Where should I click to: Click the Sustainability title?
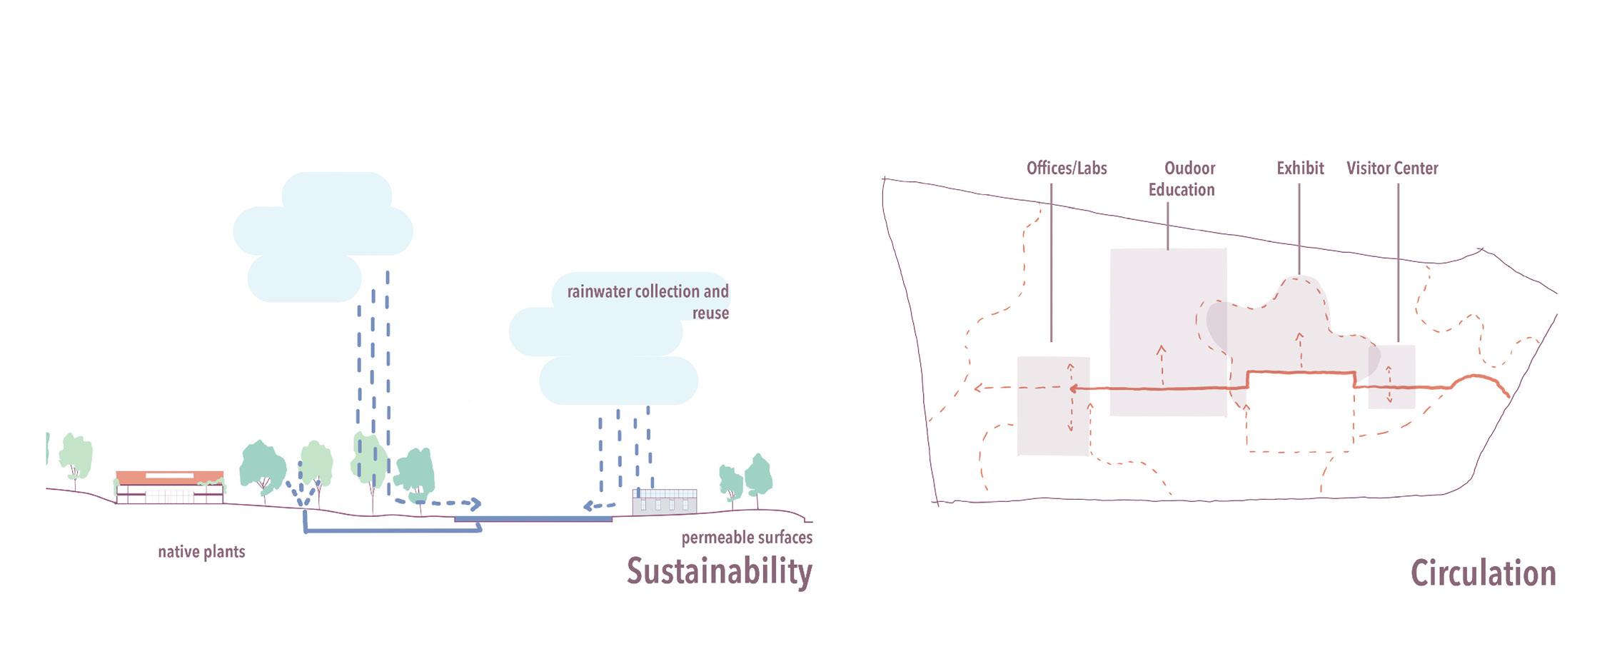pyautogui.click(x=719, y=572)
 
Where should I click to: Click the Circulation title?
pyautogui.click(x=1483, y=574)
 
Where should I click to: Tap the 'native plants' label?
pyautogui.click(x=201, y=552)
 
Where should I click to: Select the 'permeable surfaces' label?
pyautogui.click(x=747, y=538)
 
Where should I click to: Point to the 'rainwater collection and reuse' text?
pyautogui.click(x=648, y=302)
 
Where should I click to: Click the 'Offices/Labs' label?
pyautogui.click(x=1067, y=168)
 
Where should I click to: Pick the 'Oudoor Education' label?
pyautogui.click(x=1182, y=179)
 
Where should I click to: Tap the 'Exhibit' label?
pyautogui.click(x=1300, y=168)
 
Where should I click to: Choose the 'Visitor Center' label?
pyautogui.click(x=1392, y=168)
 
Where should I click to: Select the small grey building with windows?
pyautogui.click(x=665, y=502)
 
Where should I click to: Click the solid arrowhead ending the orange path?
pyautogui.click(x=1073, y=389)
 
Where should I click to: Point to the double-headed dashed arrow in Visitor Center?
pyautogui.click(x=1389, y=385)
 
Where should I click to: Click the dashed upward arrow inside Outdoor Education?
pyautogui.click(x=1162, y=364)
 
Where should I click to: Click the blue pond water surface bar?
pyautogui.click(x=533, y=519)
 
